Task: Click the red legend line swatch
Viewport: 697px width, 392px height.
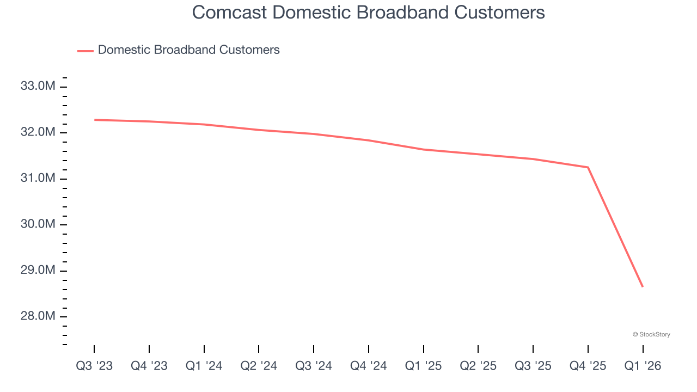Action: [85, 51]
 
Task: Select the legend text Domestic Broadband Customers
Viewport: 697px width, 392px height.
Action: [188, 50]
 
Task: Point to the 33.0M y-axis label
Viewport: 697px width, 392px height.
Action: [38, 86]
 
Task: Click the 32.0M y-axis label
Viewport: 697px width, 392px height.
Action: [38, 132]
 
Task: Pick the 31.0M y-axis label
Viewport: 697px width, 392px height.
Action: [38, 179]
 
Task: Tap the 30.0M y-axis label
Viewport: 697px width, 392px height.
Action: [38, 224]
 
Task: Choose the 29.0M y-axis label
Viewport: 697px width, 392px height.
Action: [38, 271]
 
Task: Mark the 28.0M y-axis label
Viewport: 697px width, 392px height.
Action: [38, 316]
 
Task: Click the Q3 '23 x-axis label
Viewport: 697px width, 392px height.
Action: [94, 366]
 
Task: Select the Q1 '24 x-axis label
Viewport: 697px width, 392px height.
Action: [204, 366]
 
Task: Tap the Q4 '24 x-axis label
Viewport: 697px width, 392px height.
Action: [369, 366]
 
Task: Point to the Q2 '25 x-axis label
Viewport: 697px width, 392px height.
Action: [478, 366]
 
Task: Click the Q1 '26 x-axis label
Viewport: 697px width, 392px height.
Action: [643, 366]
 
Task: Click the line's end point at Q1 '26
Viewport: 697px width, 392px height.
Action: [643, 286]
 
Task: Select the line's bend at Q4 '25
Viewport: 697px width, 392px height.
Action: [588, 167]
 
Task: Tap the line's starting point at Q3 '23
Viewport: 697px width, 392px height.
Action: [94, 120]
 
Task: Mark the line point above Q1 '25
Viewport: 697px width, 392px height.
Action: [423, 149]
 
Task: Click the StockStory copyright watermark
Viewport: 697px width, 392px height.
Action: [651, 334]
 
